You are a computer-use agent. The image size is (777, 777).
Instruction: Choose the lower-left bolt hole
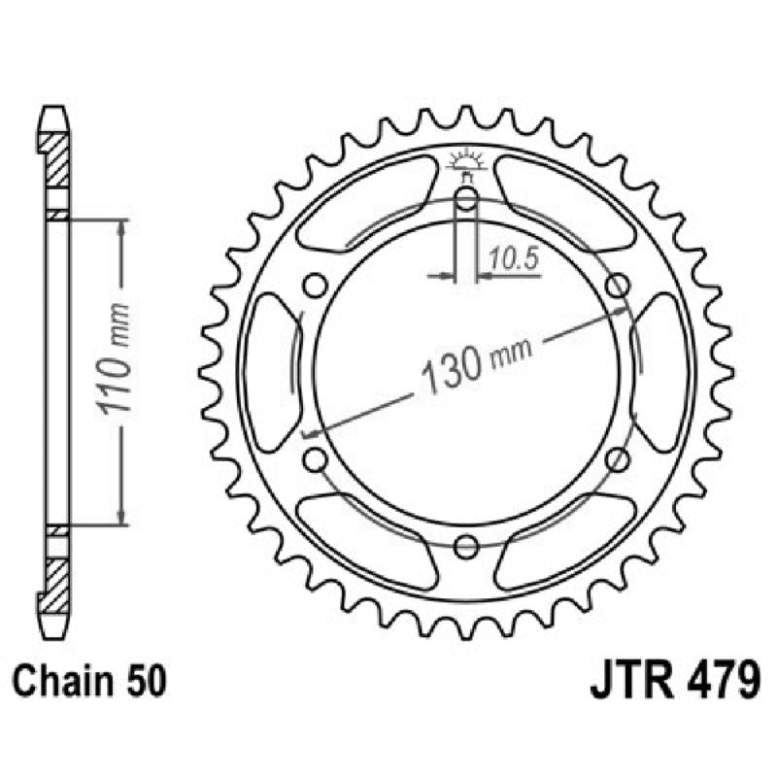314,459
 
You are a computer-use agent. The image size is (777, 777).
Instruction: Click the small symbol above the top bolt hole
466,164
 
